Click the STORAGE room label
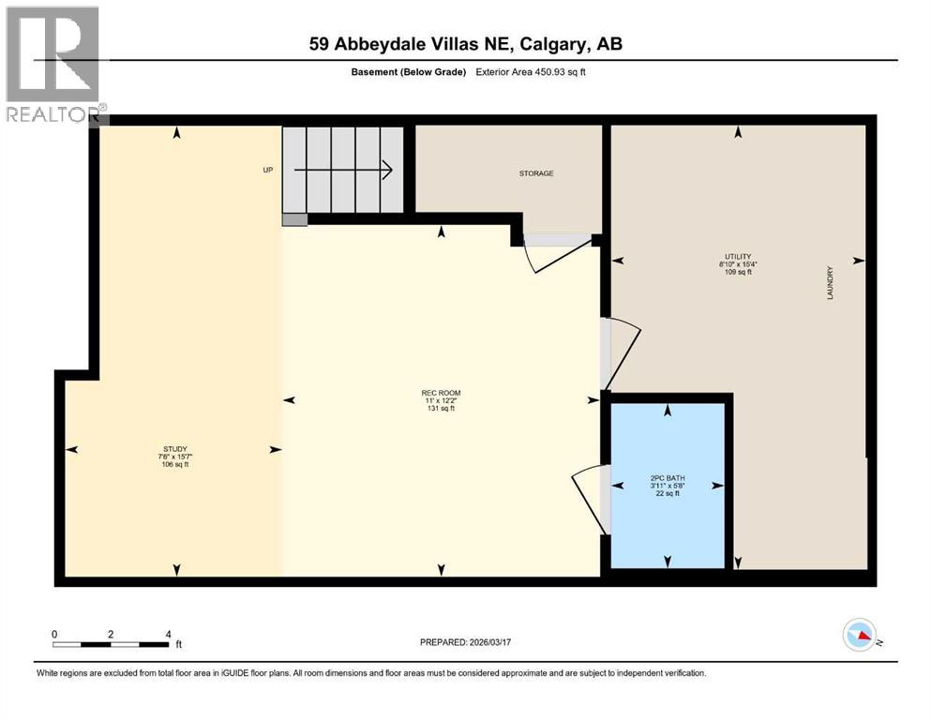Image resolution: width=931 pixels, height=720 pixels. [536, 173]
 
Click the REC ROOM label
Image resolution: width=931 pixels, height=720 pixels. [441, 393]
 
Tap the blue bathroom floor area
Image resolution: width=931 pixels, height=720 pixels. [668, 525]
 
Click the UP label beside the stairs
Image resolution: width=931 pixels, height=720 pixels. [267, 171]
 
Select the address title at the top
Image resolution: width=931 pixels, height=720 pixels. [465, 44]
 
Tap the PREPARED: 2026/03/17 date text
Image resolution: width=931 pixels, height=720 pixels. [466, 642]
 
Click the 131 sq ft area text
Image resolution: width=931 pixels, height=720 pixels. [441, 409]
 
